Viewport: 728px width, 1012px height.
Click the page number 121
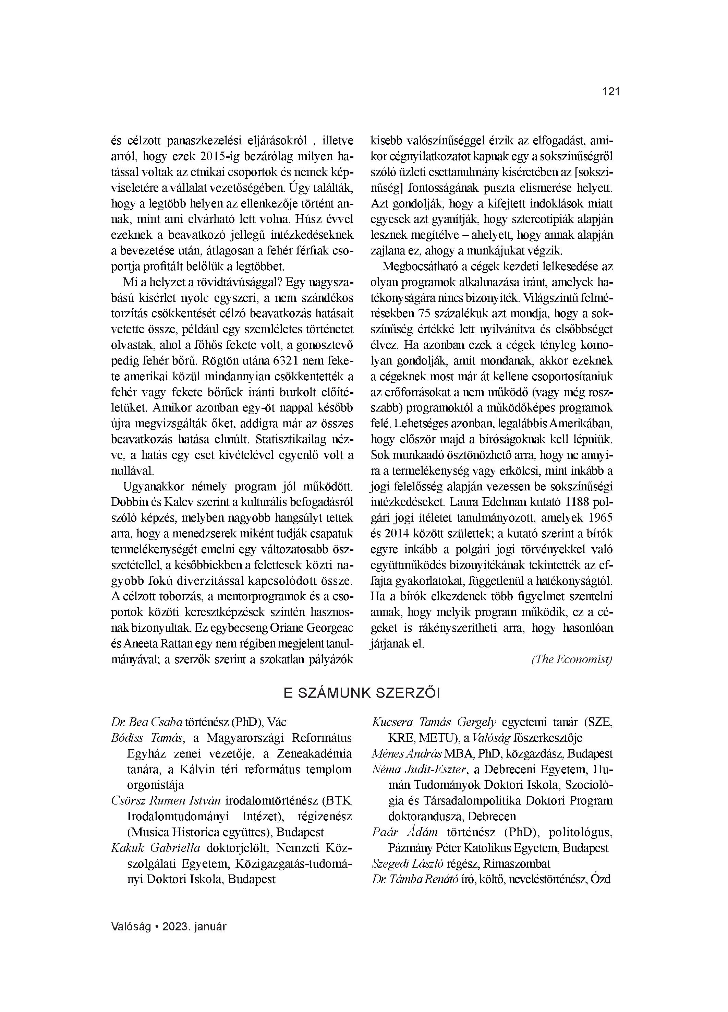tap(611, 92)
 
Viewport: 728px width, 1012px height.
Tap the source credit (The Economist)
tap(572, 659)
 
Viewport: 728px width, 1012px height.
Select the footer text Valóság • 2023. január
tap(169, 926)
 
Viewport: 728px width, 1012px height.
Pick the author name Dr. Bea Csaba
tap(147, 722)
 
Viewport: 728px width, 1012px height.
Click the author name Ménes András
tap(407, 754)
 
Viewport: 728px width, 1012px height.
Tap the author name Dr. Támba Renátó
tap(415, 879)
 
